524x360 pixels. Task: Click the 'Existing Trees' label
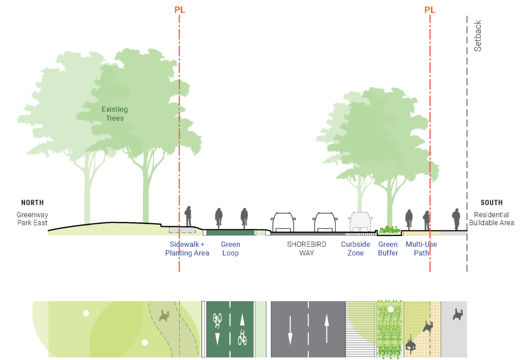click(x=115, y=114)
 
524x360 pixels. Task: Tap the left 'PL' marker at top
click(x=179, y=10)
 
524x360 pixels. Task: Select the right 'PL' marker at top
click(x=430, y=10)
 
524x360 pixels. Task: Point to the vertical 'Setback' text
click(x=478, y=36)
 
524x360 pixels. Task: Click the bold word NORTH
click(x=32, y=203)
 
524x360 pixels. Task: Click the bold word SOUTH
click(x=491, y=203)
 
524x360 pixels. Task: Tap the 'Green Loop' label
click(x=230, y=249)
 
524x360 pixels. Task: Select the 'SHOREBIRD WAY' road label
click(x=306, y=249)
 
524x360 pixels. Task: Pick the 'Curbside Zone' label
click(x=355, y=249)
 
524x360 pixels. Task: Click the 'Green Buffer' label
click(x=388, y=249)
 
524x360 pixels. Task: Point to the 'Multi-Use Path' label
click(x=421, y=249)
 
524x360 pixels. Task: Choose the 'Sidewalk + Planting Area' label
click(x=187, y=249)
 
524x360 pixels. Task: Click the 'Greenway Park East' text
click(x=32, y=219)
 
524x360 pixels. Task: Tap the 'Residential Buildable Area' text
click(x=491, y=219)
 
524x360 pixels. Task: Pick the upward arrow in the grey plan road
click(x=326, y=328)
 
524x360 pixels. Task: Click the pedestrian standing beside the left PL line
click(x=188, y=217)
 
